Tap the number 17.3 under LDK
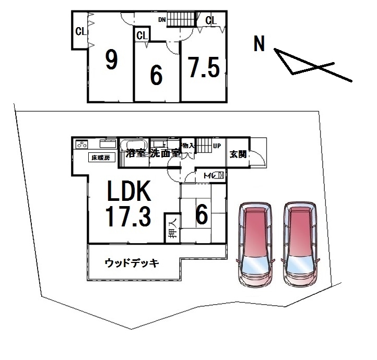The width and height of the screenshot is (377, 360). [x=129, y=216]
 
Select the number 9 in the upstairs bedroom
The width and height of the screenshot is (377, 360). [x=111, y=61]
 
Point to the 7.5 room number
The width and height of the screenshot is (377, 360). [x=204, y=68]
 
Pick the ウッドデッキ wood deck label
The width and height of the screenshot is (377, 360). [x=131, y=262]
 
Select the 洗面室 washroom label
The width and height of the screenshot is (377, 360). [x=166, y=153]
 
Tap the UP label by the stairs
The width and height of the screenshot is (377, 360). [x=216, y=146]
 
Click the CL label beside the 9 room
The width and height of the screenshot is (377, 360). [x=80, y=31]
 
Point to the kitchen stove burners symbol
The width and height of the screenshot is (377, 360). [x=81, y=145]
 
